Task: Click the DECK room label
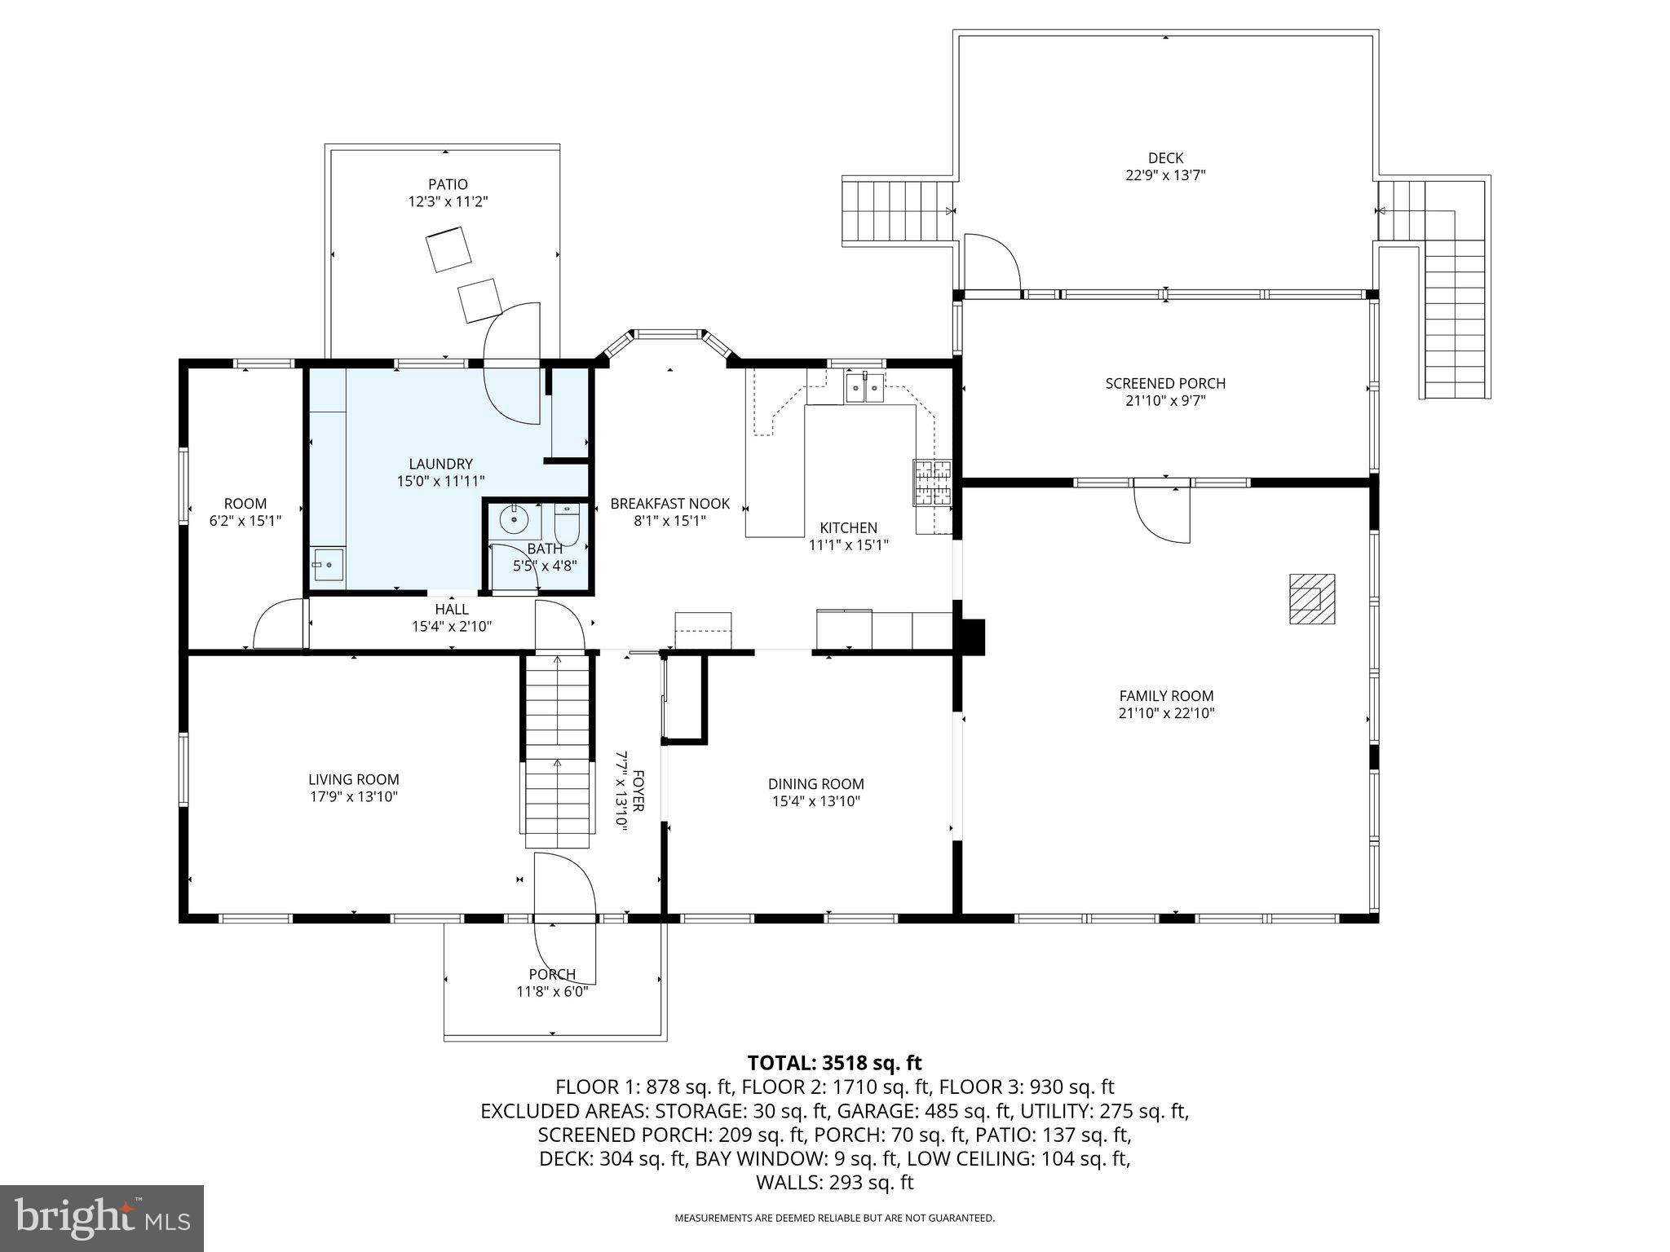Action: [x=1165, y=158]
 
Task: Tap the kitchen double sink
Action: [x=864, y=387]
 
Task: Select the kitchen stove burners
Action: [x=932, y=482]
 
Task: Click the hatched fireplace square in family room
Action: [x=1311, y=599]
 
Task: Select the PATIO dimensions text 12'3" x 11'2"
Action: [x=448, y=201]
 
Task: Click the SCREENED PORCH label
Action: [x=1165, y=383]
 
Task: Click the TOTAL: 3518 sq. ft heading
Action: [x=834, y=1063]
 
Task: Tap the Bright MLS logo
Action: [x=102, y=1218]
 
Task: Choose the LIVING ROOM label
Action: [x=354, y=779]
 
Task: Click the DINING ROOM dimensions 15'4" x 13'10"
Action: [x=816, y=801]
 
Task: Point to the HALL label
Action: [x=452, y=610]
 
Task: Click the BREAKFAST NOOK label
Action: [x=670, y=504]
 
